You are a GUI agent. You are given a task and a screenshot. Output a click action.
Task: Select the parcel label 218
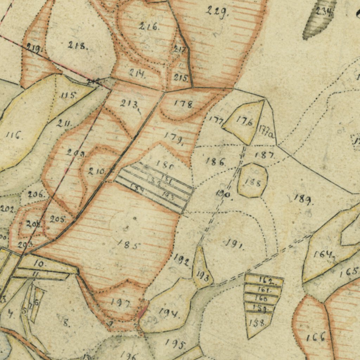[78, 45]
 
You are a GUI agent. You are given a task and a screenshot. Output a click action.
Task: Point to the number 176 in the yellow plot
[244, 122]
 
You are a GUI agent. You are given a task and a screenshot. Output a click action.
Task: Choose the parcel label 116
[14, 135]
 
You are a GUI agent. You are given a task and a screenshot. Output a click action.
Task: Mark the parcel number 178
[184, 104]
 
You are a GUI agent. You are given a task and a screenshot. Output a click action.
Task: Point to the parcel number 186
[216, 162]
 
